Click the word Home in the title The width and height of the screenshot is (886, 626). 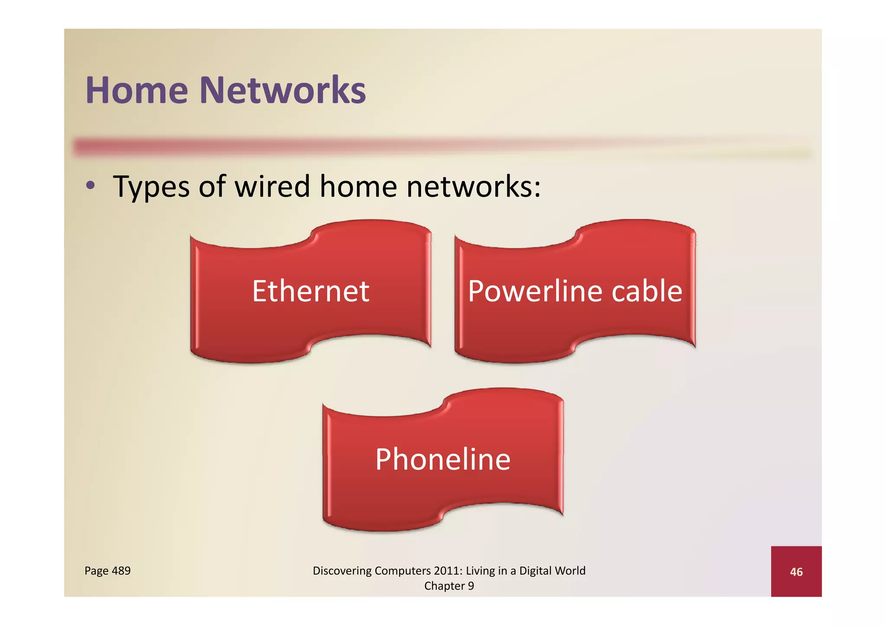pos(137,90)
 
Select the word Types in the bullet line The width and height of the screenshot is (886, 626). pos(151,187)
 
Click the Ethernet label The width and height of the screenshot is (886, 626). pos(310,291)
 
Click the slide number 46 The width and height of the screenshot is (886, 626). pos(796,572)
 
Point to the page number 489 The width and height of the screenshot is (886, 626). pos(121,571)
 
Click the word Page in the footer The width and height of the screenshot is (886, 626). pos(96,571)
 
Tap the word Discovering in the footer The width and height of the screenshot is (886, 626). pos(342,571)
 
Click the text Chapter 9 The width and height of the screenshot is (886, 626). pos(449,586)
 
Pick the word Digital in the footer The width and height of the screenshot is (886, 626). pos(535,571)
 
